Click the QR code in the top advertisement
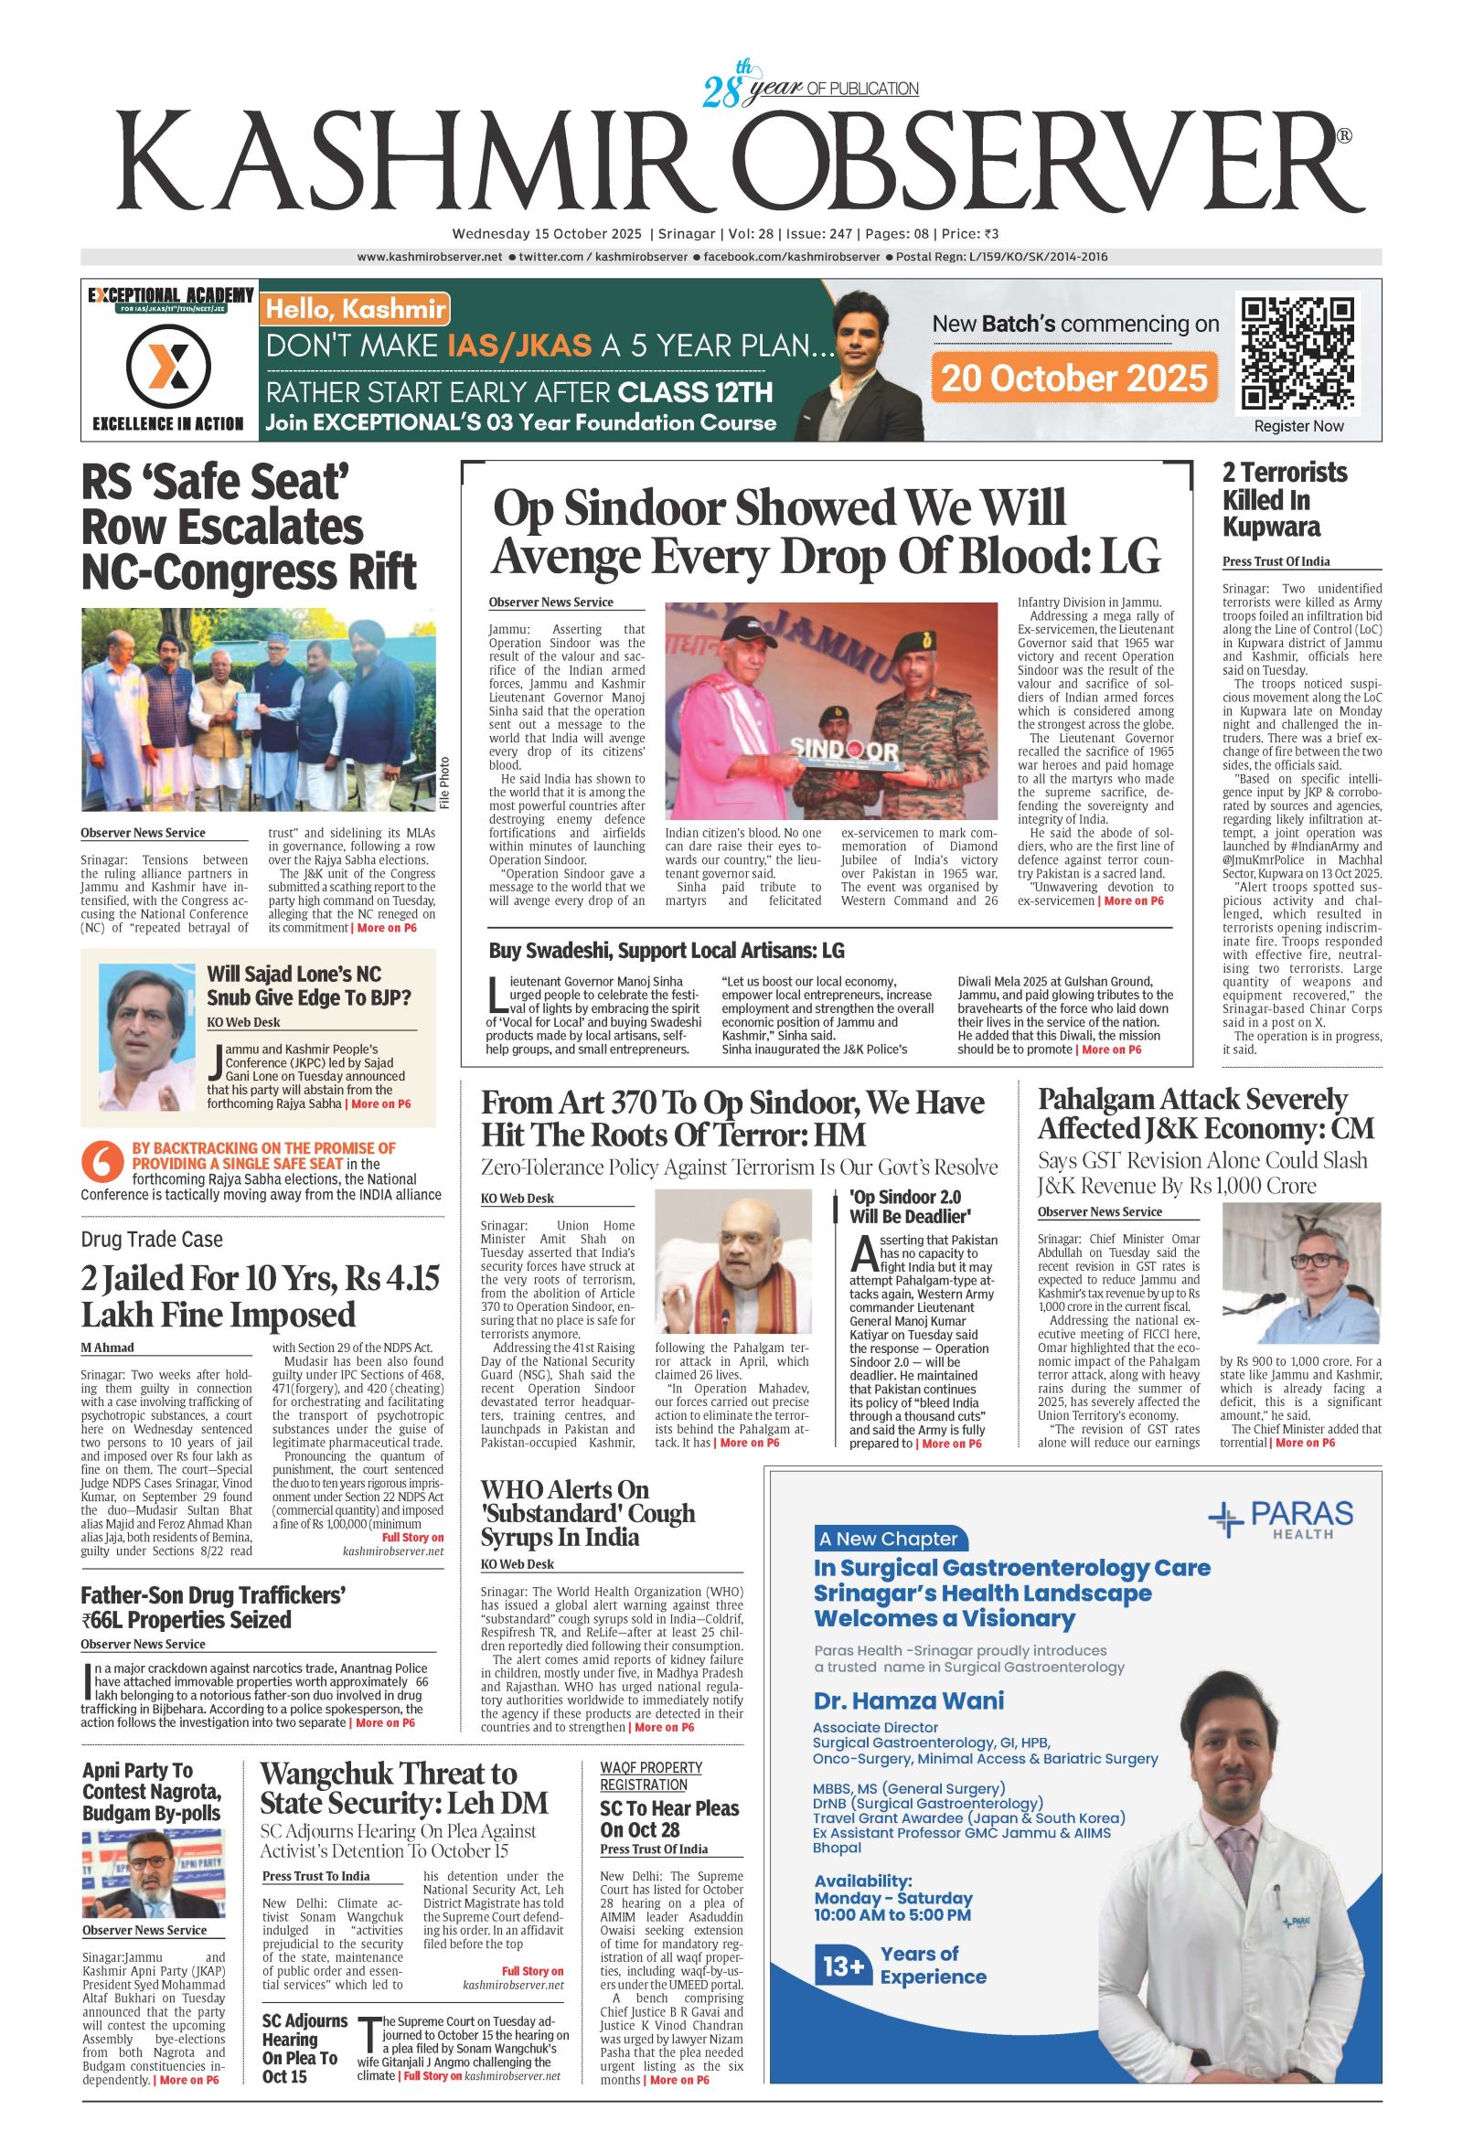pos(1298,354)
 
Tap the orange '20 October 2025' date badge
pos(1074,378)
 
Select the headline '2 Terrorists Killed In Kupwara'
pos(1284,499)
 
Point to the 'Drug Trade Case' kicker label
pos(151,1239)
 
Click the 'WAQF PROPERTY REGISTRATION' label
pos(651,1776)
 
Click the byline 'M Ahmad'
pos(107,1348)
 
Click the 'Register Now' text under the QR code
pos(1298,426)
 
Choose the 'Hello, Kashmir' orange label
pos(356,310)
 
